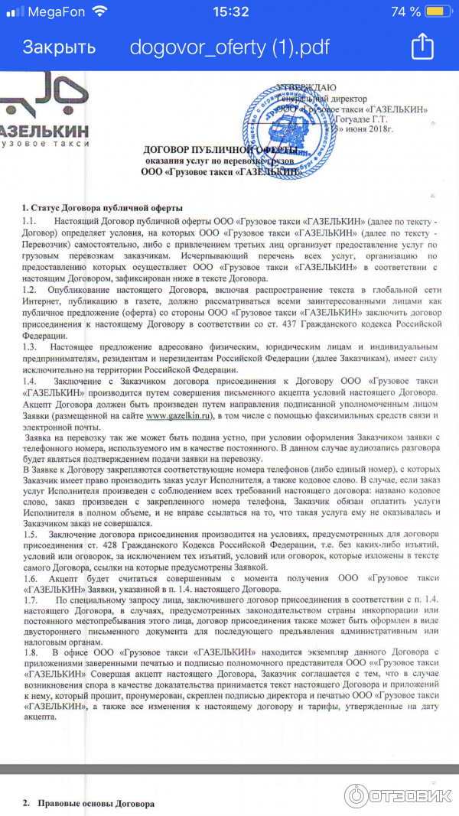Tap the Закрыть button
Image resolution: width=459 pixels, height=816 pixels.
click(59, 47)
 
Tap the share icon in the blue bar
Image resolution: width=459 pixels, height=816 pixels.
click(422, 47)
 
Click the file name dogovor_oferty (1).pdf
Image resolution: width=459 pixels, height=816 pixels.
click(229, 47)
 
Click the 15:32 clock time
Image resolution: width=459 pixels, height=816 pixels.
click(230, 11)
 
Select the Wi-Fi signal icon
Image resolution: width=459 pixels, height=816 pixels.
click(99, 11)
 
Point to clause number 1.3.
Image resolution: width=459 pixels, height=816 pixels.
click(30, 349)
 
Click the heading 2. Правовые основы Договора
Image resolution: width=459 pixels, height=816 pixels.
click(89, 805)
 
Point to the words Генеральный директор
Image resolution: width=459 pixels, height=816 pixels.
click(321, 99)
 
